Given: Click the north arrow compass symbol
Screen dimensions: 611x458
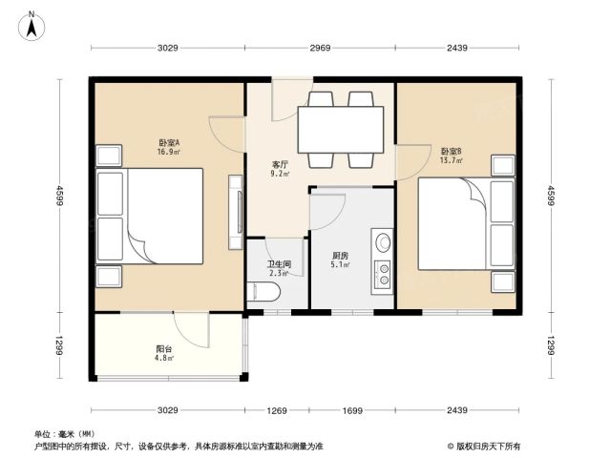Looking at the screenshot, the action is click(32, 27).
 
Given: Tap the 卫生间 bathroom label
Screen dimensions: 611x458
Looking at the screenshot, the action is click(279, 264).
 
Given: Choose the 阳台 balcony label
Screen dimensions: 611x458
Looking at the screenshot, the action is click(163, 349).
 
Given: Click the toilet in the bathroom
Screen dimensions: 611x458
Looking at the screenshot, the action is click(263, 292).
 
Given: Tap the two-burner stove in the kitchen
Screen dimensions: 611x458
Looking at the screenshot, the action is click(383, 275).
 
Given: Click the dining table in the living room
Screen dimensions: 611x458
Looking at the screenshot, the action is click(341, 130).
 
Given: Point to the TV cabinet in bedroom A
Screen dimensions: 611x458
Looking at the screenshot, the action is click(236, 212).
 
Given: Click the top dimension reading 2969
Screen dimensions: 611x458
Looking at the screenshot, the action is click(320, 48).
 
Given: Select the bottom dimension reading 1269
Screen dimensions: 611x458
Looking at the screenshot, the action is click(277, 410).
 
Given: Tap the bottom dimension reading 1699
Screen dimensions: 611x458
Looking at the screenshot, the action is click(352, 410).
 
